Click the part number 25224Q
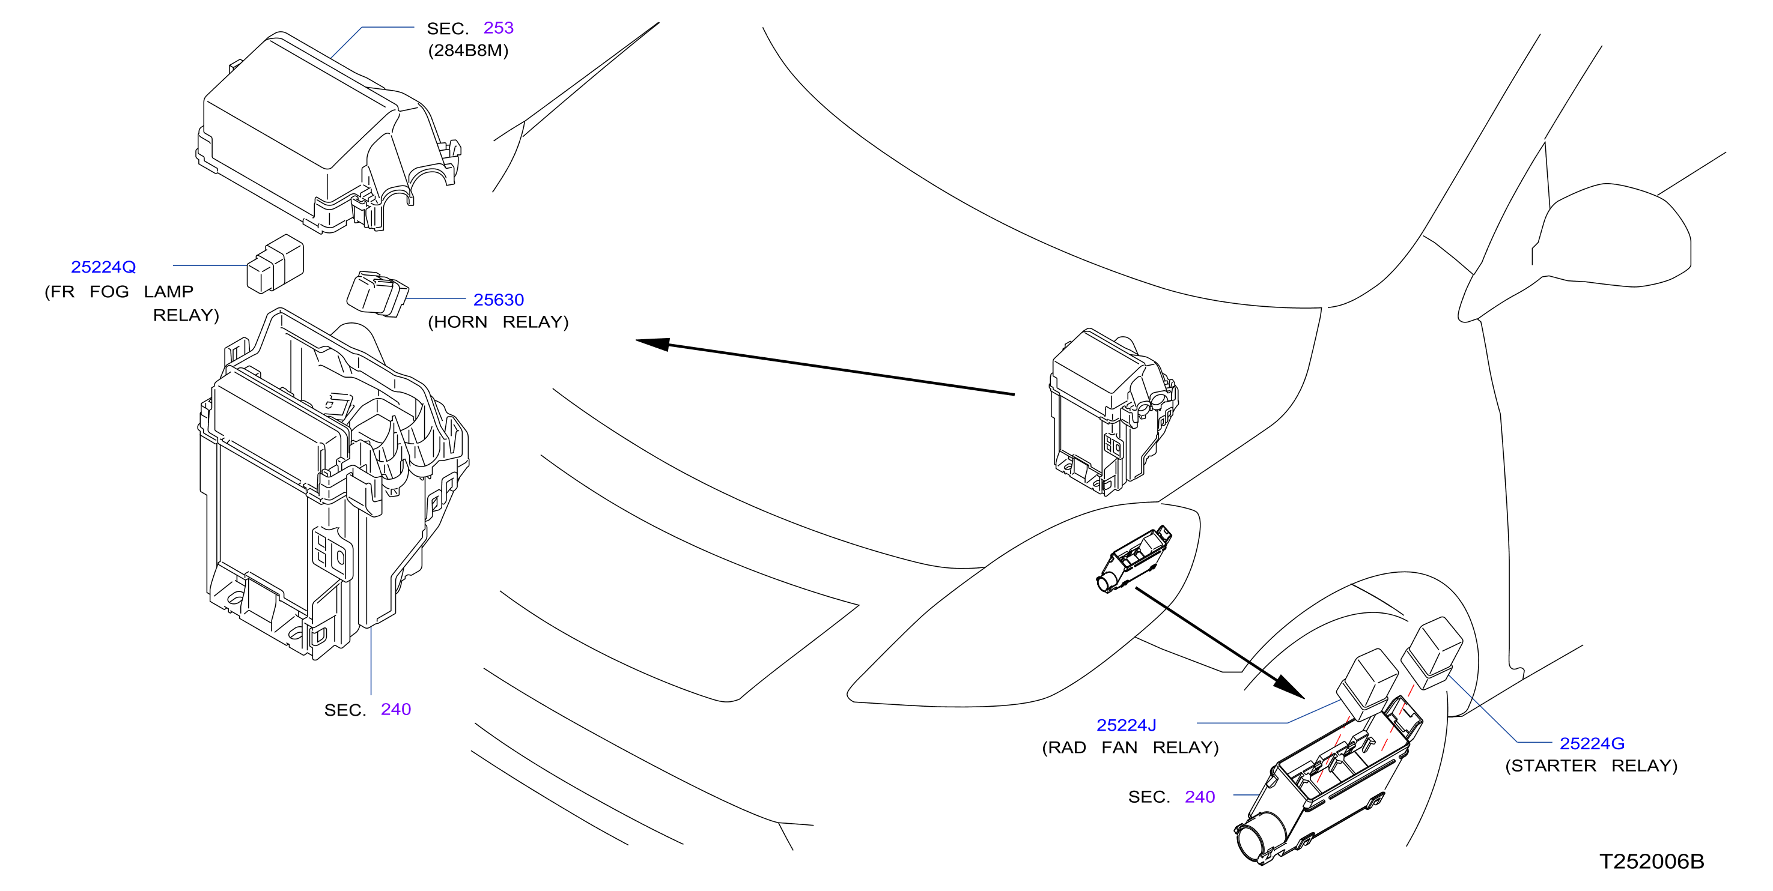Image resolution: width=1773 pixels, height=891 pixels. click(x=103, y=267)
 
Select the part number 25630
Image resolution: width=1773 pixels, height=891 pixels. click(x=498, y=300)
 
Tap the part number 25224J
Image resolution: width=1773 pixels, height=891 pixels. click(x=1126, y=725)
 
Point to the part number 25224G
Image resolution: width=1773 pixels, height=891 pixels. click(x=1592, y=744)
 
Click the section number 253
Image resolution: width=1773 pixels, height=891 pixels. click(x=498, y=28)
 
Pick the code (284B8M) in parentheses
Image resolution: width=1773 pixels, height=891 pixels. click(x=468, y=51)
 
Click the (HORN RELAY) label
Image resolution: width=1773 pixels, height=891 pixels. click(x=498, y=322)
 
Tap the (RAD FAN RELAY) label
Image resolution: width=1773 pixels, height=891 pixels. click(x=1130, y=748)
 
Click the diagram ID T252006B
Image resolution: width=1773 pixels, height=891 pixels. click(x=1652, y=862)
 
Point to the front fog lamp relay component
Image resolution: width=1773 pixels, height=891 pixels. click(x=275, y=264)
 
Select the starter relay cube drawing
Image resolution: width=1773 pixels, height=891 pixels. click(x=1432, y=652)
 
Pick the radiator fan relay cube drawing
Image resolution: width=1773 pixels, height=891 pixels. click(x=1367, y=684)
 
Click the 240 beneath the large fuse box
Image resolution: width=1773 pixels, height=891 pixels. click(x=396, y=709)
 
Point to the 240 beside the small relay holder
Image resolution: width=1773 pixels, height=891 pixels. click(x=1200, y=797)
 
